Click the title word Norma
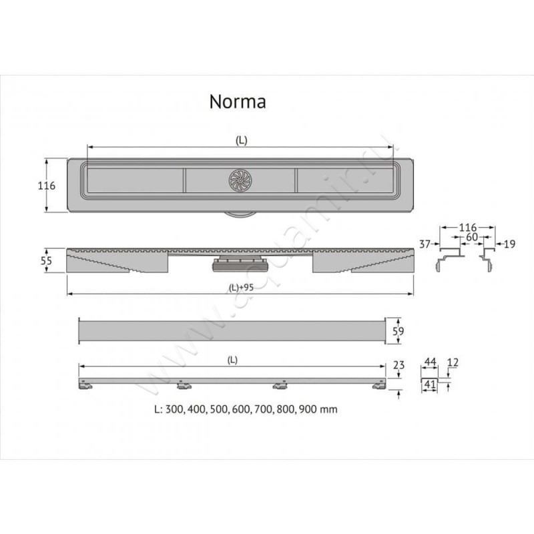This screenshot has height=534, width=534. [238, 101]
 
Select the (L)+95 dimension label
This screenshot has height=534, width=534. [240, 288]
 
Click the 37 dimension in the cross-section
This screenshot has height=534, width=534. [425, 245]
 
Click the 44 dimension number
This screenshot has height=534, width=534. [431, 362]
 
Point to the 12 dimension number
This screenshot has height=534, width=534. [454, 362]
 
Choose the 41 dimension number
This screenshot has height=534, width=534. [431, 384]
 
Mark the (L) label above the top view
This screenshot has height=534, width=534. [241, 140]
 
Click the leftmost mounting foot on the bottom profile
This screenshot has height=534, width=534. [85, 385]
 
